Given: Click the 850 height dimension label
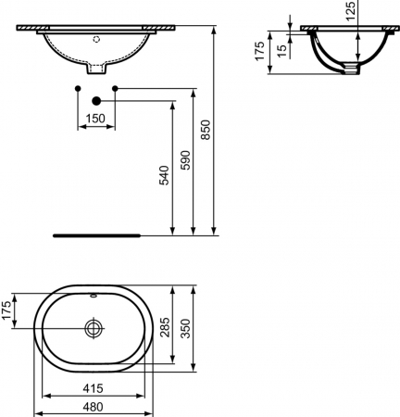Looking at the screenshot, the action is click(206, 130).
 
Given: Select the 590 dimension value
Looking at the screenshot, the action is click(185, 160).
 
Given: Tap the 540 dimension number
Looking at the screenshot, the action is click(164, 175).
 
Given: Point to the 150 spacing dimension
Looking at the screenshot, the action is click(95, 119).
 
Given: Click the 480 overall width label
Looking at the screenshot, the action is click(94, 407).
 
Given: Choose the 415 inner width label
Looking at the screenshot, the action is click(94, 388).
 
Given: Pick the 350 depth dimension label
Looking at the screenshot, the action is click(186, 328).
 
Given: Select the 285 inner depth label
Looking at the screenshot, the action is click(165, 327).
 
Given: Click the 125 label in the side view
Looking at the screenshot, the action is click(350, 11).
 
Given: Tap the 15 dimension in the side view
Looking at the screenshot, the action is click(282, 51).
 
